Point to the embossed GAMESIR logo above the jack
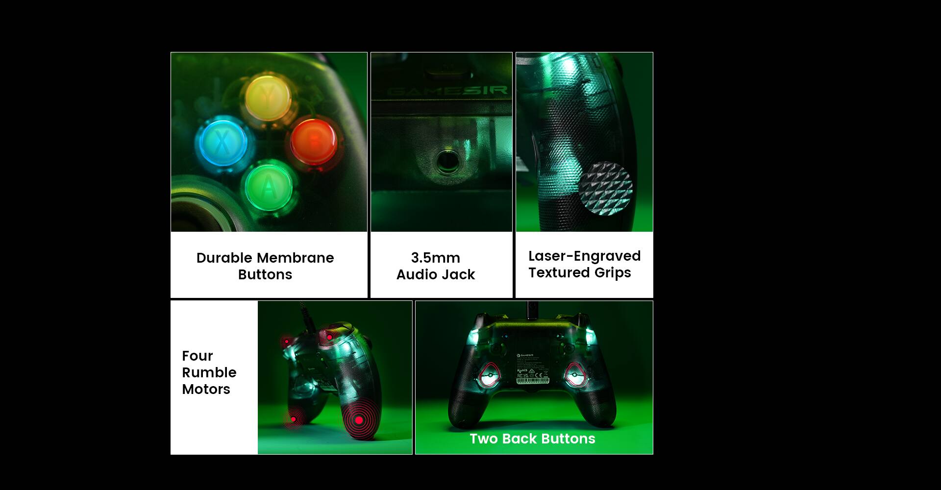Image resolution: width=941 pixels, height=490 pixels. coord(447,91)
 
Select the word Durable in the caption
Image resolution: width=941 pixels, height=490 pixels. coord(224,258)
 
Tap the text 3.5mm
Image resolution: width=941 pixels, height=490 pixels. coord(435,258)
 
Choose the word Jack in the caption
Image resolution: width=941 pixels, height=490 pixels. coord(458,274)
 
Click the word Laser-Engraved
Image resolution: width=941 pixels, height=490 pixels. coord(584,256)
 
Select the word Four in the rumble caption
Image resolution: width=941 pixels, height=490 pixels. coord(198,356)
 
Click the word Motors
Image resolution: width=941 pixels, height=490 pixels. coord(206,389)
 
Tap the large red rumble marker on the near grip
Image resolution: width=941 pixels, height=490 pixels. coord(359,420)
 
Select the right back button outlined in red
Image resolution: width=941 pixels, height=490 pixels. coord(574,376)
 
